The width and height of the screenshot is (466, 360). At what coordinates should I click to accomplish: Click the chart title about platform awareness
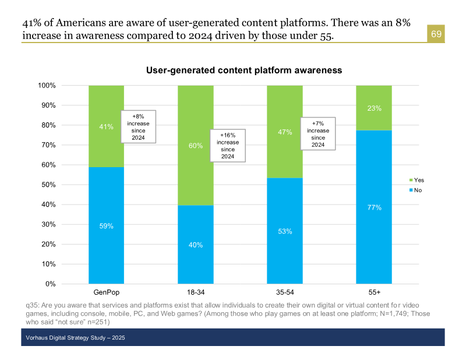pos(243,70)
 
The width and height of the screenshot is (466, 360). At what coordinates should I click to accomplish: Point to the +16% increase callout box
pos(228,146)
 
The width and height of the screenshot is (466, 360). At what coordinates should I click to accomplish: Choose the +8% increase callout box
pos(138,126)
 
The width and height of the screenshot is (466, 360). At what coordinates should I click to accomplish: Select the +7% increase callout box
pos(318,134)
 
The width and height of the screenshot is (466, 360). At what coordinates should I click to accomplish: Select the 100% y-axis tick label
pos(47,86)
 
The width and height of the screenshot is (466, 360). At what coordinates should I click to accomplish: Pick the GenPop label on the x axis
pos(106,291)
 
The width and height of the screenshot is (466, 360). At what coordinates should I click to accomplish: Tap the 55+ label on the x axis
pos(373,291)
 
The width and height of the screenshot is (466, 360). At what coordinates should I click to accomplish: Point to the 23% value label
pos(374,108)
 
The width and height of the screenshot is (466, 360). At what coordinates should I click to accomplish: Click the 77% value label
pos(374,207)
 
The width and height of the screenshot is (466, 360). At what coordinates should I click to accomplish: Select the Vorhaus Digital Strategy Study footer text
pos(76,338)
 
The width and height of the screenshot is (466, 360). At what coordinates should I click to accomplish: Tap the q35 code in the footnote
pos(32,305)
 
